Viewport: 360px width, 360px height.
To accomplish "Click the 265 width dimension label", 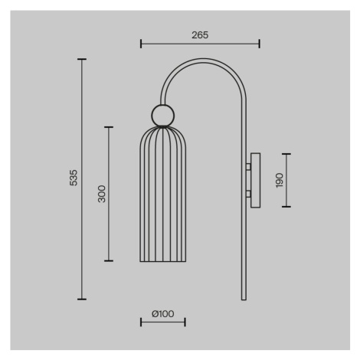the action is coord(200,35).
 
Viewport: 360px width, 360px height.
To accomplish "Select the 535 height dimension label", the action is coord(74,178).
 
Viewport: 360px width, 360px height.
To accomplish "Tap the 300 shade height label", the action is coord(102,194).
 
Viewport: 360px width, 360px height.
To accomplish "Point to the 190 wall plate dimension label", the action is coord(280,180).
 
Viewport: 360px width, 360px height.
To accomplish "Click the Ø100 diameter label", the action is coord(163,314).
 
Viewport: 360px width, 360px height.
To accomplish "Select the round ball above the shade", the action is coord(163,116).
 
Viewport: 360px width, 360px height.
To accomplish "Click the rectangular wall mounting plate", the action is coord(255,180).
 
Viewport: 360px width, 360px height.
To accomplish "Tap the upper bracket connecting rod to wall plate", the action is coord(248,167).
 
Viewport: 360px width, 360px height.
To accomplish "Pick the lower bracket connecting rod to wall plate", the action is coord(248,194).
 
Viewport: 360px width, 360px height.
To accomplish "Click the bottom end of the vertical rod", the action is coord(244,299).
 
